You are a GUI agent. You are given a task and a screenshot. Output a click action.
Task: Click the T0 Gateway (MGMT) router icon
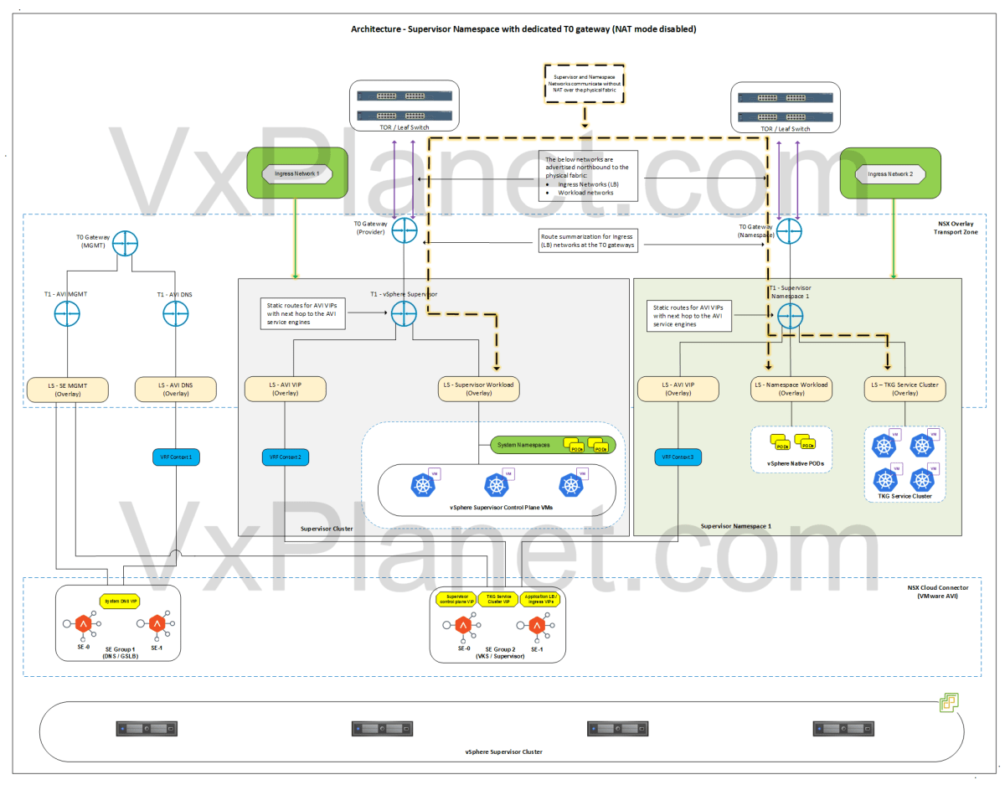point(124,244)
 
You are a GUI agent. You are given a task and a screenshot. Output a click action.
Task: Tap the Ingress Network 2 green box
point(889,174)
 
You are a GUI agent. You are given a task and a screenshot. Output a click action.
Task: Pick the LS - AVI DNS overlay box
point(176,389)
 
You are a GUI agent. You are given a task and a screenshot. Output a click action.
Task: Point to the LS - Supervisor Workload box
point(479,389)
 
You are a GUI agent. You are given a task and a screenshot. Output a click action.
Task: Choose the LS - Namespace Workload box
point(791,389)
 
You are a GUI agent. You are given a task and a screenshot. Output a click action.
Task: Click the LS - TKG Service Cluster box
point(905,389)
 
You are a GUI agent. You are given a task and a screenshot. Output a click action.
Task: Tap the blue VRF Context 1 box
point(176,457)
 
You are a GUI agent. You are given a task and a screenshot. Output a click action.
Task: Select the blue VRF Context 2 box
point(286,457)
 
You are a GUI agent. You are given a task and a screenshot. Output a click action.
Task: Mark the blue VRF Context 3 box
point(679,457)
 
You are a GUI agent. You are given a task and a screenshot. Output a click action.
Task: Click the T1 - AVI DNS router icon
point(176,315)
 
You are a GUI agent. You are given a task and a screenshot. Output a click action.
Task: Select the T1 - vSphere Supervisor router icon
point(404,312)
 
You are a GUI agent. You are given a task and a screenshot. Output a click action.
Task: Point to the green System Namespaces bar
point(552,445)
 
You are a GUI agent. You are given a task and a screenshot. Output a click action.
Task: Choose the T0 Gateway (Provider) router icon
point(404,231)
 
